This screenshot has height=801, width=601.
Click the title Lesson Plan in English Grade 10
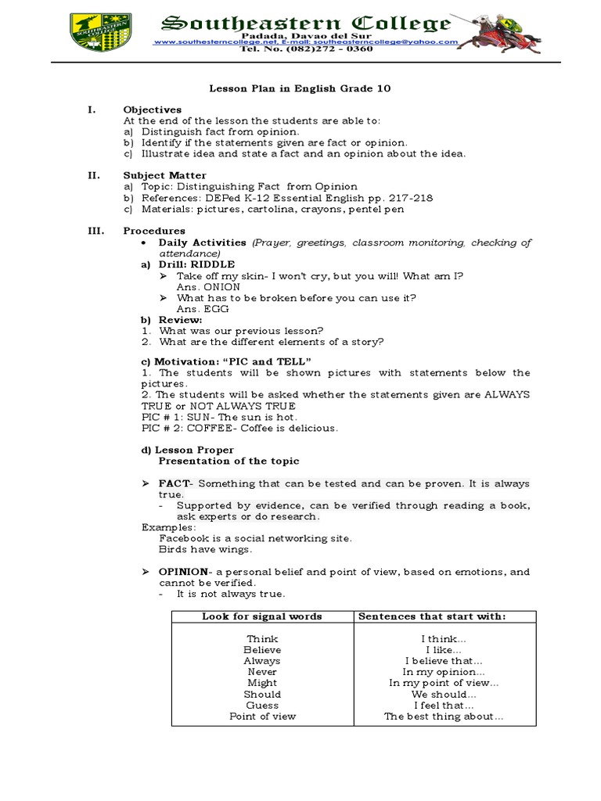coord(300,89)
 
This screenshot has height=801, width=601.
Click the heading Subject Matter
coord(164,176)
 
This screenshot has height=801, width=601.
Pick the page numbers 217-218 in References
coord(410,198)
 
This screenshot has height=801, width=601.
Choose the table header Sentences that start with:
coord(432,616)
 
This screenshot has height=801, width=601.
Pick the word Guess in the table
coord(261,705)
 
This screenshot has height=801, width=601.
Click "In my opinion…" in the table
coord(444,672)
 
